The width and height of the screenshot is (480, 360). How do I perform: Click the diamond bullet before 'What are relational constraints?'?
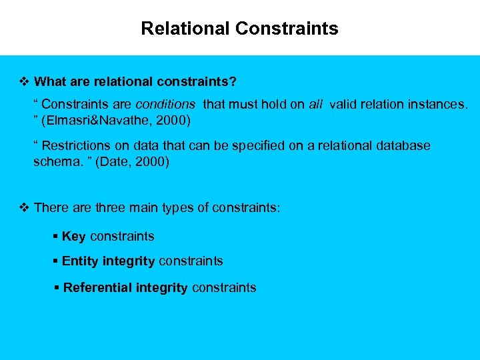(x=25, y=82)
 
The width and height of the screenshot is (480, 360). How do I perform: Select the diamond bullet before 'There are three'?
(x=25, y=208)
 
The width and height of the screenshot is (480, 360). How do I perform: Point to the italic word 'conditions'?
(x=165, y=104)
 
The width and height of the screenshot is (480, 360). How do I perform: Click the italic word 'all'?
(x=316, y=104)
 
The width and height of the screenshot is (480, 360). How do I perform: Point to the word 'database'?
(x=400, y=145)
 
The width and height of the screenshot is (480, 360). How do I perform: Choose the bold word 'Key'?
(x=74, y=237)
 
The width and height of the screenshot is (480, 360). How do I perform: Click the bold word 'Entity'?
(x=81, y=261)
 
